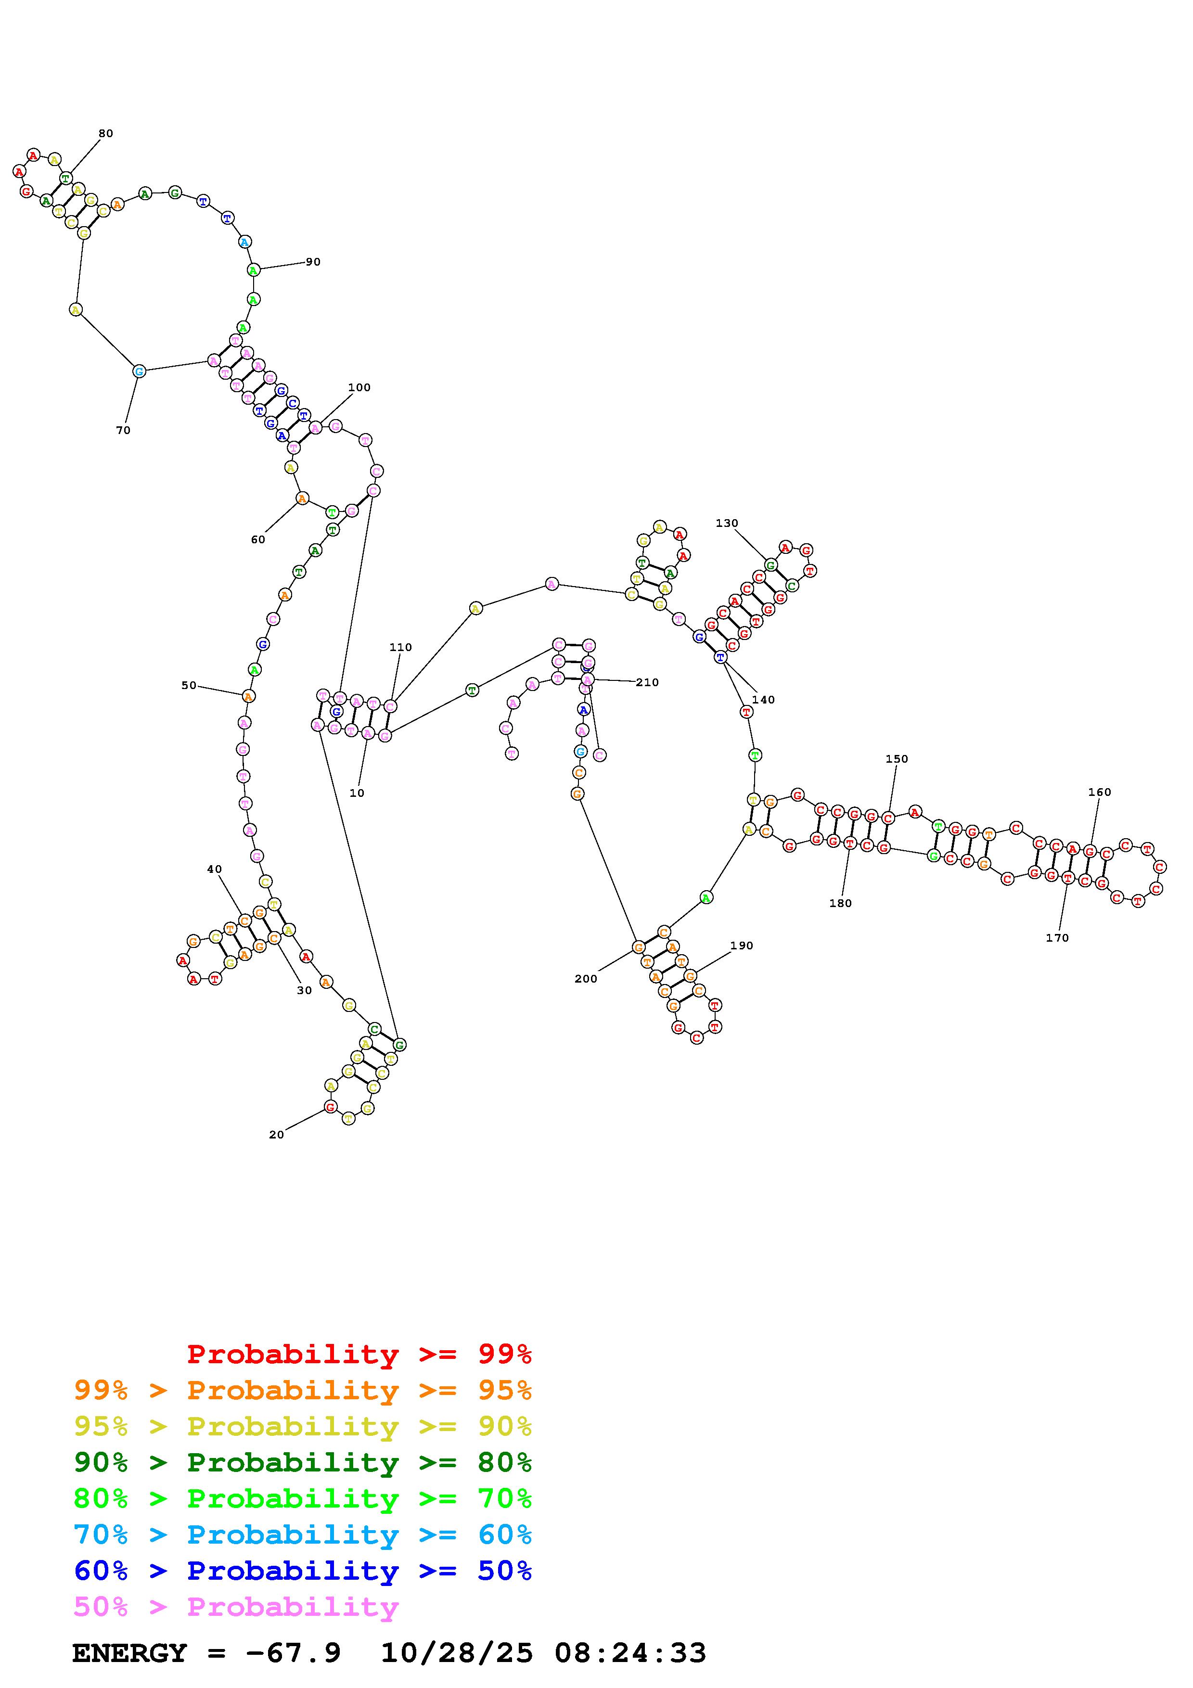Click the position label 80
[106, 134]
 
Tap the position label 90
[313, 262]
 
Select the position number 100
[359, 387]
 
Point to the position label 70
[123, 430]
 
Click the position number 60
[258, 539]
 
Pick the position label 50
[189, 685]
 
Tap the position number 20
[276, 1135]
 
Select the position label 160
[1100, 792]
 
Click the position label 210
[647, 682]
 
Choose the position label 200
[586, 979]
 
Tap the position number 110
[400, 647]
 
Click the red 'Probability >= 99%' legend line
[359, 1354]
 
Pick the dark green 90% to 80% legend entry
[303, 1462]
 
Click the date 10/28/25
[457, 1653]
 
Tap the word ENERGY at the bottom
[129, 1653]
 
